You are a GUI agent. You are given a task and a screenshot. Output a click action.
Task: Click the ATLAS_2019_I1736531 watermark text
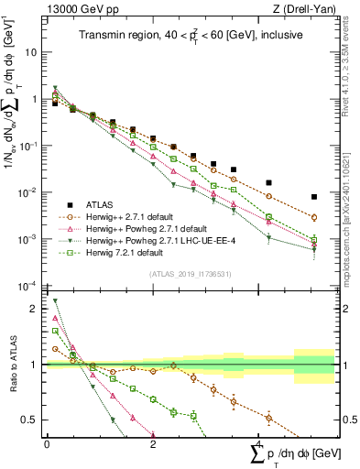pos(190,274)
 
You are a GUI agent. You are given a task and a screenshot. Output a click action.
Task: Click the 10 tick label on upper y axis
pos(31,52)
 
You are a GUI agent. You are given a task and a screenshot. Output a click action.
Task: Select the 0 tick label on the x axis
pos(47,443)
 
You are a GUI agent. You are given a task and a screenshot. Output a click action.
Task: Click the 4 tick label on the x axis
pos(259,443)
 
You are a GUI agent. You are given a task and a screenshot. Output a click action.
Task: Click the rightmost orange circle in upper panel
pos(313,217)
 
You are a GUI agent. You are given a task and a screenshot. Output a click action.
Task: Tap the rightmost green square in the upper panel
pos(313,240)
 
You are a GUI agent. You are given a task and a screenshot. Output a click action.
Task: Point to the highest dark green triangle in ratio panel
pos(55,300)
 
